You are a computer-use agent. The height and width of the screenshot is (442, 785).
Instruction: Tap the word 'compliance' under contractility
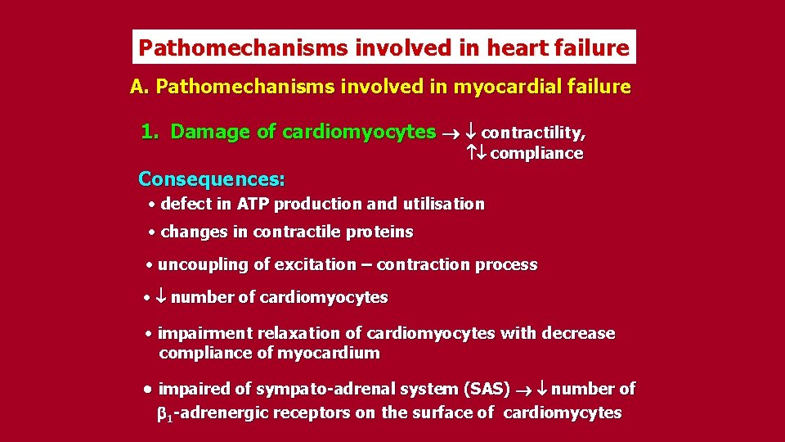(x=536, y=154)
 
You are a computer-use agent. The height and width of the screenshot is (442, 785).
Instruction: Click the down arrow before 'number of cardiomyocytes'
(x=161, y=298)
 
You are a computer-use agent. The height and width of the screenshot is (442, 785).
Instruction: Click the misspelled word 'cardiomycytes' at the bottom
(x=563, y=413)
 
